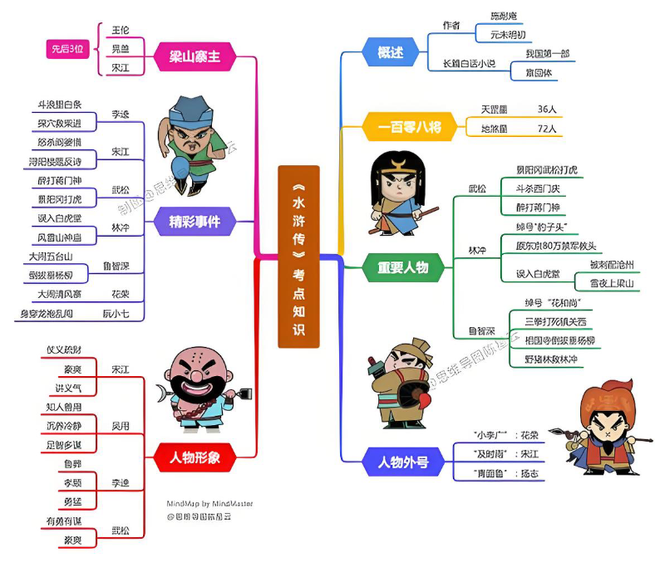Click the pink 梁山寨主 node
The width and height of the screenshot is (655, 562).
[195, 57]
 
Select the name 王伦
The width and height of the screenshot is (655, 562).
[121, 28]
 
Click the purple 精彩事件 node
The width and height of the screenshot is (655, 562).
[195, 222]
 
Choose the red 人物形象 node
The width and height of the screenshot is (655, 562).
[195, 456]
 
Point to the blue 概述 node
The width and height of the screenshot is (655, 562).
[390, 52]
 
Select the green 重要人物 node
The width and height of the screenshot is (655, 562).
[402, 266]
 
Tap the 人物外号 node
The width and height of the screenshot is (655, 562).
[402, 462]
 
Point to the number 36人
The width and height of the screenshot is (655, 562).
[547, 109]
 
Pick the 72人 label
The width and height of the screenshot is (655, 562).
[547, 129]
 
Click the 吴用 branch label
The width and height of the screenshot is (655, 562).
[121, 425]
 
